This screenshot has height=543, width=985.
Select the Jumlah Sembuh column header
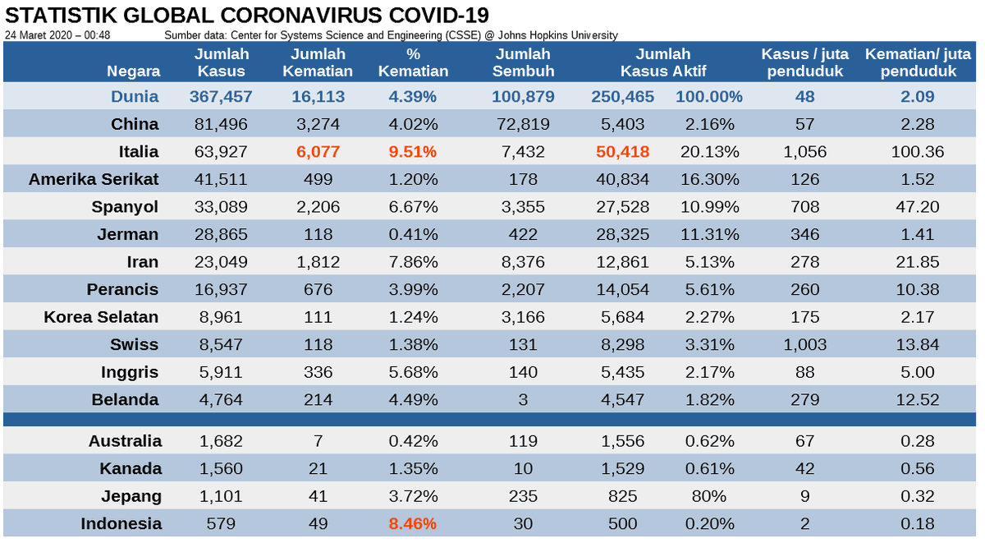pyautogui.click(x=523, y=62)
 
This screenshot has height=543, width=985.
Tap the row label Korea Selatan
pyautogui.click(x=101, y=317)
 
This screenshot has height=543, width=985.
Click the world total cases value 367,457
pyautogui.click(x=221, y=97)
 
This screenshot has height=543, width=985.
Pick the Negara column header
pyautogui.click(x=133, y=71)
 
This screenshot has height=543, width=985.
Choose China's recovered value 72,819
pyautogui.click(x=523, y=125)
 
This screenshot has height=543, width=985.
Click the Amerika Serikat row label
pyautogui.click(x=94, y=180)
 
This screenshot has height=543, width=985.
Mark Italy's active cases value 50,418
pyautogui.click(x=621, y=152)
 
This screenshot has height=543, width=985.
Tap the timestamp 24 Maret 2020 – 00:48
pyautogui.click(x=57, y=35)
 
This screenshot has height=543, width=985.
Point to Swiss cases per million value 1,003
pyautogui.click(x=804, y=345)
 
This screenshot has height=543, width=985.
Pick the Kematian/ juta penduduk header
pyautogui.click(x=917, y=62)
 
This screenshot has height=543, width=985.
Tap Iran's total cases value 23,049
pyautogui.click(x=221, y=262)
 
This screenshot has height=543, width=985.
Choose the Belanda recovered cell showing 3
pyautogui.click(x=523, y=400)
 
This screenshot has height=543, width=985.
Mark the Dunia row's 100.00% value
pyautogui.click(x=708, y=97)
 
